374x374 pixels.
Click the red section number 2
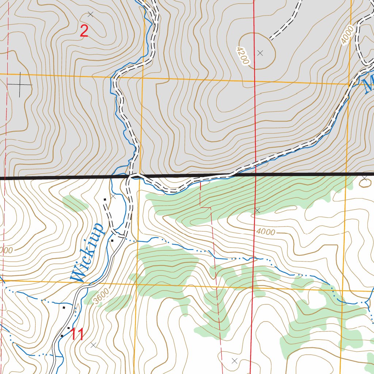(x=84, y=32)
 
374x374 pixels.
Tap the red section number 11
(x=77, y=334)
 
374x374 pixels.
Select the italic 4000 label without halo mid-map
(x=266, y=232)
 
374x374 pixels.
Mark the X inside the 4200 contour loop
(x=260, y=53)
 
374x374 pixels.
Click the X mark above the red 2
(x=91, y=14)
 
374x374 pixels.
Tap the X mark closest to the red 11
(x=93, y=345)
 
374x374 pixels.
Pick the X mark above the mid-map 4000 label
(x=257, y=210)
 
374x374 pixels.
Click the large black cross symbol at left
(x=20, y=85)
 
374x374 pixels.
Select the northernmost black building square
(x=105, y=199)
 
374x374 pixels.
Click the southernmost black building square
(x=62, y=335)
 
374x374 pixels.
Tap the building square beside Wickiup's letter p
(x=112, y=240)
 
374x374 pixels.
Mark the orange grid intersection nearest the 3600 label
(x=136, y=283)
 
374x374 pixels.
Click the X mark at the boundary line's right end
(x=365, y=178)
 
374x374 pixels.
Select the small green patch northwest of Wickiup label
(x=75, y=203)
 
